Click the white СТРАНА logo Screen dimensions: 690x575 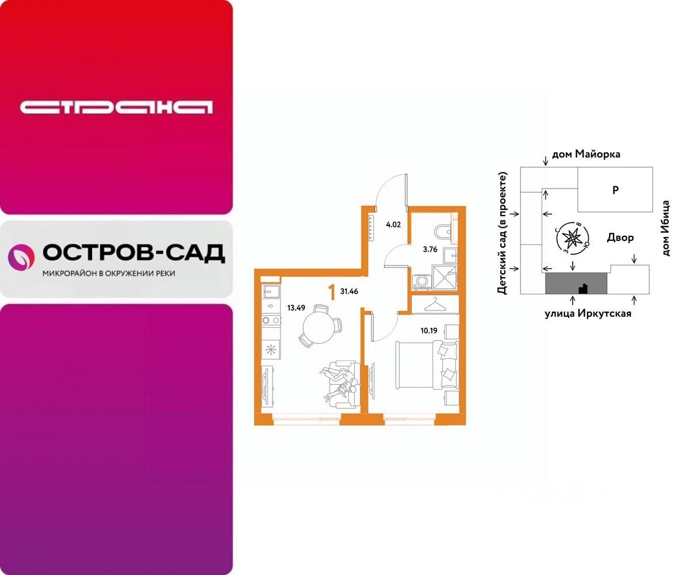pos(116,108)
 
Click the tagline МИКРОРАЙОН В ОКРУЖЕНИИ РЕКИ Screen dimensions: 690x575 pos(109,274)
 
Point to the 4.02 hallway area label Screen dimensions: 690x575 pos(393,225)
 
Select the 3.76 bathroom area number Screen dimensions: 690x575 pos(430,249)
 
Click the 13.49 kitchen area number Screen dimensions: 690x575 pos(296,307)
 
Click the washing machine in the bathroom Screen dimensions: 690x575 pos(420,281)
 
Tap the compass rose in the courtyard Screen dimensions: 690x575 pos(573,237)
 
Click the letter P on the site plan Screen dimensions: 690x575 pos(615,190)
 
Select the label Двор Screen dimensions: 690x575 pos(620,237)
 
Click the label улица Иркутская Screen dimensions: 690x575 pos(588,313)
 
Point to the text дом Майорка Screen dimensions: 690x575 pos(586,154)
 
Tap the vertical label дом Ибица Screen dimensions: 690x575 pos(666,228)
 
